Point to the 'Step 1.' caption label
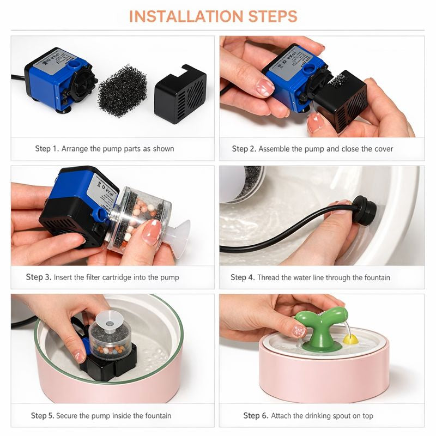pos(47,149)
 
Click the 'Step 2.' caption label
pos(244,149)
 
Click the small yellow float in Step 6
pos(350,339)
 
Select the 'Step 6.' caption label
pos(256,416)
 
